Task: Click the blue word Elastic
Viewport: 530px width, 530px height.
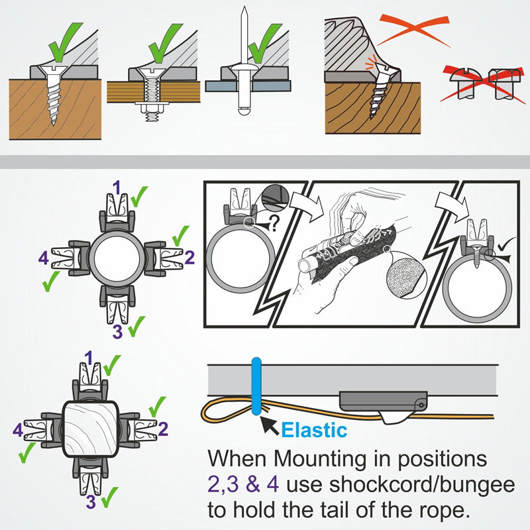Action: (314, 430)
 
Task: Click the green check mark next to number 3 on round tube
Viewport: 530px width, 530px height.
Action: (136, 326)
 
